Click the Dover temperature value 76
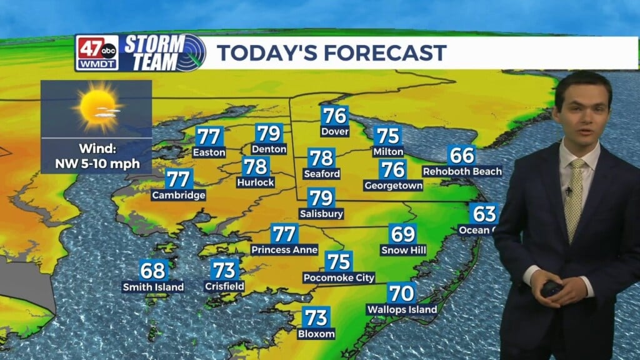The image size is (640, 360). pyautogui.click(x=334, y=116)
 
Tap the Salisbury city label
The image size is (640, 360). pyautogui.click(x=321, y=214)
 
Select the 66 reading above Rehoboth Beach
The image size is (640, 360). pyautogui.click(x=462, y=155)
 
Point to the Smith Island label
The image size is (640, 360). pyautogui.click(x=153, y=287)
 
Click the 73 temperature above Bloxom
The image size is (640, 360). pyautogui.click(x=317, y=317)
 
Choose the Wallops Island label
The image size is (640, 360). pyautogui.click(x=401, y=309)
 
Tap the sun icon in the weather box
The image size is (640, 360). pyautogui.click(x=96, y=106)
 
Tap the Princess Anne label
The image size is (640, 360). pyautogui.click(x=284, y=249)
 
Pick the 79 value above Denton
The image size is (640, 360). pyautogui.click(x=269, y=133)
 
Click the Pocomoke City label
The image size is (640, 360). pyautogui.click(x=339, y=277)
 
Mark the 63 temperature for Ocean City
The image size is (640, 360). pyautogui.click(x=484, y=214)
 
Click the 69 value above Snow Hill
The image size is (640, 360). pyautogui.click(x=403, y=234)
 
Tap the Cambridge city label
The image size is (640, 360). pyautogui.click(x=178, y=195)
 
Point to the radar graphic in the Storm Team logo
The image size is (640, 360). pyautogui.click(x=191, y=52)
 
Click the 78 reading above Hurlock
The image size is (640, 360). pyautogui.click(x=255, y=167)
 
